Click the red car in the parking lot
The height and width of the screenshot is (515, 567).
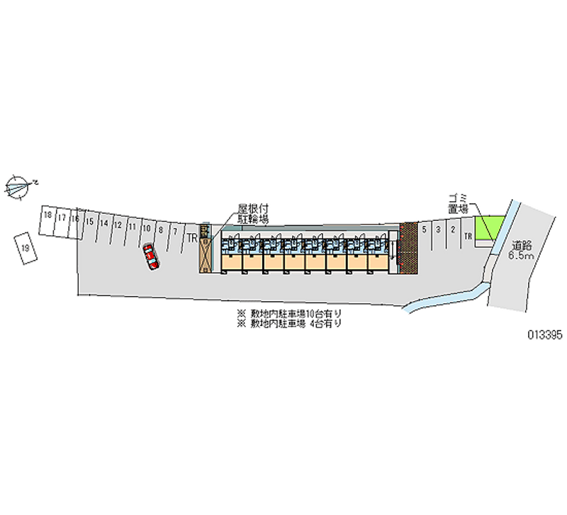tap(151, 256)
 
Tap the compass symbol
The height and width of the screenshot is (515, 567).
tap(19, 186)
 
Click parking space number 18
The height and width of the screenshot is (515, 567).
tap(47, 215)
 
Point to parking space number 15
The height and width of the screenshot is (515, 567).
tap(89, 222)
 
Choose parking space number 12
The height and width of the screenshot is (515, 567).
tap(118, 225)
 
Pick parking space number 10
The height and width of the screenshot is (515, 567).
tap(145, 228)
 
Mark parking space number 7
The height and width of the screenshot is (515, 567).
tap(174, 231)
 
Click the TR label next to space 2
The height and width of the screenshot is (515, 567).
tap(467, 236)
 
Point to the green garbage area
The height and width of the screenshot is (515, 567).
tap(488, 228)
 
